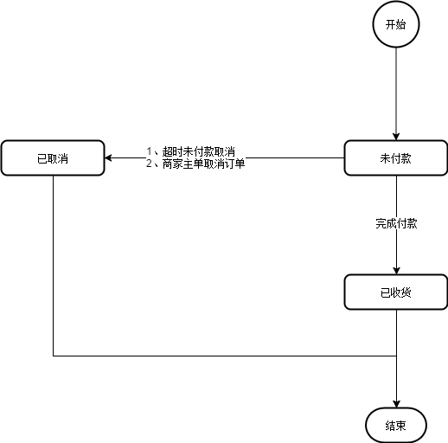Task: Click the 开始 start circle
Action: (x=396, y=25)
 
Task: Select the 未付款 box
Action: (x=396, y=158)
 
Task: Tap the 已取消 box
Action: (x=53, y=158)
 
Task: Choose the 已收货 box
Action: (x=396, y=292)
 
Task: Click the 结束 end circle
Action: (x=396, y=424)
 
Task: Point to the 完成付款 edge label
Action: (x=396, y=223)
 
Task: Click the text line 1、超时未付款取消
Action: (x=190, y=152)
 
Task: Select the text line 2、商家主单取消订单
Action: (x=195, y=164)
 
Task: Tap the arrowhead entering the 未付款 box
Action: (x=396, y=135)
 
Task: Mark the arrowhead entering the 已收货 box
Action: (x=396, y=269)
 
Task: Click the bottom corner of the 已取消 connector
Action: (x=54, y=355)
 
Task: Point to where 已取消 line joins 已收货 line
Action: (x=396, y=355)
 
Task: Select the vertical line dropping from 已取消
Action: (x=54, y=260)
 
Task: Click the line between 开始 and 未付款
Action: (x=396, y=91)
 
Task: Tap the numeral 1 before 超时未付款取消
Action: (x=149, y=152)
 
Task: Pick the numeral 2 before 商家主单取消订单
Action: (x=149, y=164)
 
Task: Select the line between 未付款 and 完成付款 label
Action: (x=396, y=195)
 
